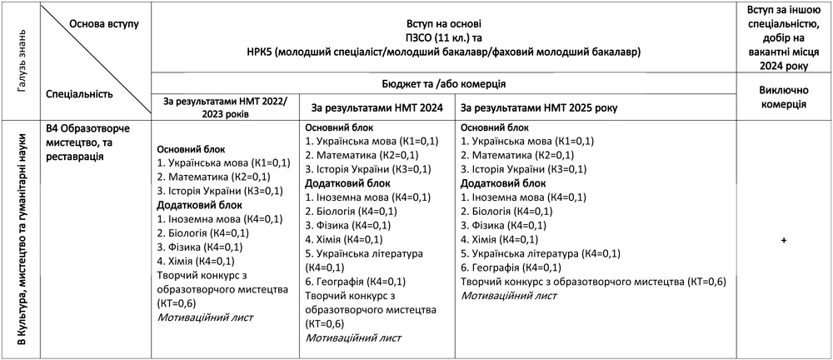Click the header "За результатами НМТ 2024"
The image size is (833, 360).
pos(376,108)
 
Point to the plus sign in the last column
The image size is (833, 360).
pos(785,240)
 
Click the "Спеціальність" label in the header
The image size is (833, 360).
pos(79,94)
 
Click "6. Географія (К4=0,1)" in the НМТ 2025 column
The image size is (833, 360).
pos(511,267)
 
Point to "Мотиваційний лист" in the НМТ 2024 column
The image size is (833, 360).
pos(353,338)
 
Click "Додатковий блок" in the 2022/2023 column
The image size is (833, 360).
pos(199,204)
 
